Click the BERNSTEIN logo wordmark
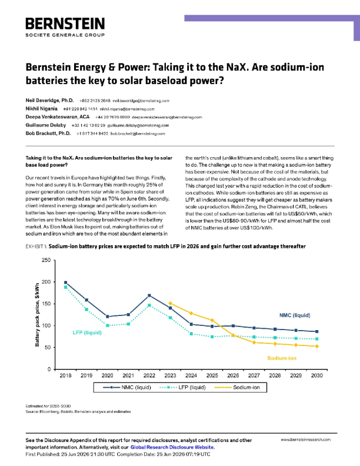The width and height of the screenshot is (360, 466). coord(65,24)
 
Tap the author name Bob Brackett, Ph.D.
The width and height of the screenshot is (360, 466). coord(48,133)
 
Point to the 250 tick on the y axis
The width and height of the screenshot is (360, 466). coord(46,260)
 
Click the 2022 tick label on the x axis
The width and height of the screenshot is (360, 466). coord(149,375)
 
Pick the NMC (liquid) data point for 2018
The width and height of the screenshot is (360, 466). coord(66,282)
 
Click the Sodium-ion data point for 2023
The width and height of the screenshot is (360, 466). coord(170,304)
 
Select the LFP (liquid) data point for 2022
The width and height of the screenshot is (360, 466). coord(149,305)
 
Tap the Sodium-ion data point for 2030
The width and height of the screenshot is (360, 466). coord(317,346)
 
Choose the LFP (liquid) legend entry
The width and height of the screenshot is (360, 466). coord(182,387)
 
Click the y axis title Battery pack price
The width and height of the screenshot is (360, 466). coord(37,315)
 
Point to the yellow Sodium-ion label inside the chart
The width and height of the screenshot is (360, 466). coord(282,358)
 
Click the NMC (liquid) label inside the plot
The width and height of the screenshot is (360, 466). coord(295,315)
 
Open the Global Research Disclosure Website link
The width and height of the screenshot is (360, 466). coord(172,447)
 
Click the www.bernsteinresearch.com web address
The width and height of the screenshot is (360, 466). coord(305,440)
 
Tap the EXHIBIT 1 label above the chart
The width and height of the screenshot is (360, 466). coord(36,247)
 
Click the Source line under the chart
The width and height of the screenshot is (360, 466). coord(78,412)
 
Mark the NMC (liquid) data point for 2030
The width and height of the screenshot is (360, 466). coord(317,331)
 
